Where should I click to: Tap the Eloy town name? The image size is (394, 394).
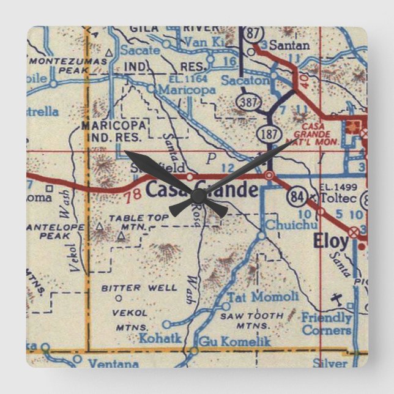click(x=330, y=241)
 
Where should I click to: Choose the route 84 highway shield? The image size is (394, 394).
click(x=296, y=197)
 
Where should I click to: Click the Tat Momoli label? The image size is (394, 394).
click(x=263, y=297)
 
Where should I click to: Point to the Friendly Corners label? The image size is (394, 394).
click(x=326, y=324)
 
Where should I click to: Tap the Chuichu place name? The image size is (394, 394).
click(x=283, y=225)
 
